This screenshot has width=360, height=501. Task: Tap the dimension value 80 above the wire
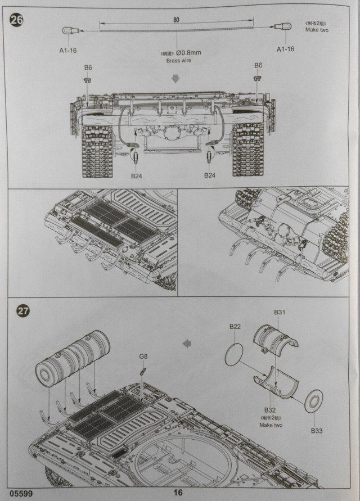tap(176, 19)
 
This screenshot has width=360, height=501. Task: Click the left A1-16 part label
tap(69, 49)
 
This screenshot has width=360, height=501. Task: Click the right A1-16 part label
tap(286, 49)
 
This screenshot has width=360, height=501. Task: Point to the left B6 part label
tap(88, 67)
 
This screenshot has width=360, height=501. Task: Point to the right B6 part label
tap(258, 66)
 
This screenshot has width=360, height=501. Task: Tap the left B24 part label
tap(137, 176)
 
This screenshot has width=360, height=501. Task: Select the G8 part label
tap(143, 356)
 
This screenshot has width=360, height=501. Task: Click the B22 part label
tap(235, 327)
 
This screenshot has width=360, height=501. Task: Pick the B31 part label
tap(280, 313)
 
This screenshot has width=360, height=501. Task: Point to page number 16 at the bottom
tap(178, 493)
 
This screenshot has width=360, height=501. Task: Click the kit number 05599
tap(20, 493)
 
